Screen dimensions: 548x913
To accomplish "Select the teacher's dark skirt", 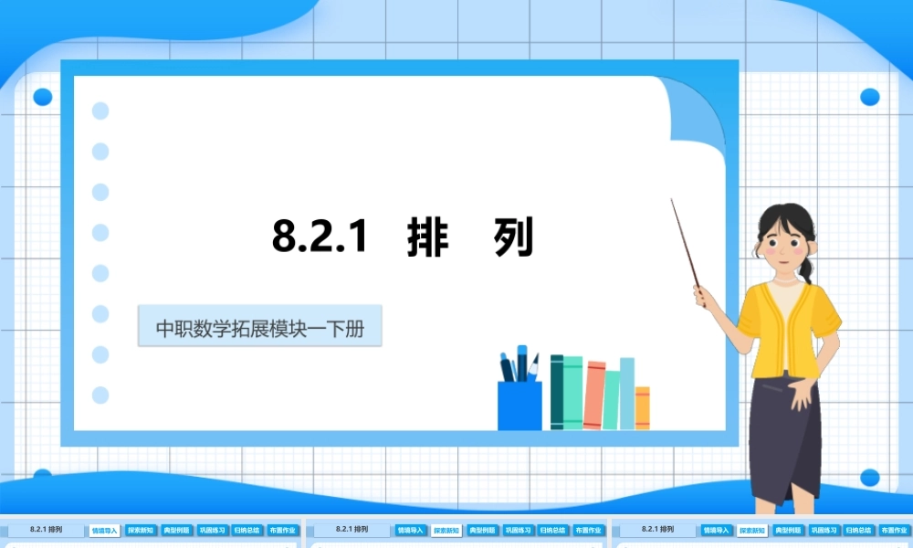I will (784, 438).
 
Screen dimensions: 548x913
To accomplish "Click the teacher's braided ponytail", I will (805, 269).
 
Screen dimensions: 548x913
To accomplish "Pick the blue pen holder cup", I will (519, 405).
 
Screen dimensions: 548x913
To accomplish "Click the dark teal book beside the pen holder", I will (557, 392).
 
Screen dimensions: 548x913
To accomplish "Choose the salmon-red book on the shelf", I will (594, 395).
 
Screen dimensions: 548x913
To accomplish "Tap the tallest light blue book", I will (627, 393).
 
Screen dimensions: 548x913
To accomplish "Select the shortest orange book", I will (643, 407).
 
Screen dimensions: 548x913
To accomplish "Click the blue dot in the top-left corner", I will (42, 97).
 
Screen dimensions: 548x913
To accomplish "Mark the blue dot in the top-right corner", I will (869, 97).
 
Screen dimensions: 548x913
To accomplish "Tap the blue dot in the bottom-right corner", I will (869, 478).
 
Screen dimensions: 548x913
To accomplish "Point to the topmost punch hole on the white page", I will (100, 111).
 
